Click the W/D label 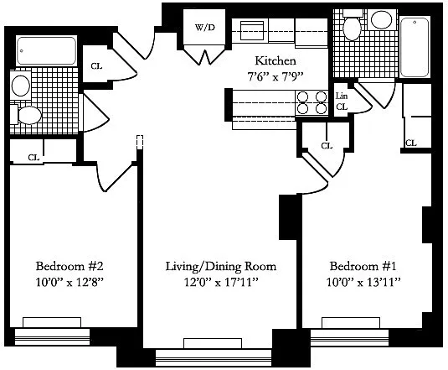[204, 28]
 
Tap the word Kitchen [275, 60]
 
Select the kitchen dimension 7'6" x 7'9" [275, 76]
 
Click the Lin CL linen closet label [342, 101]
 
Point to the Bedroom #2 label [70, 266]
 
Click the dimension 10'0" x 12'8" [70, 283]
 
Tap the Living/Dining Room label [221, 266]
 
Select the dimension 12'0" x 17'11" [221, 283]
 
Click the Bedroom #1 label [363, 266]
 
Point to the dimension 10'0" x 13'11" [363, 283]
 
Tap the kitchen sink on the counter [252, 30]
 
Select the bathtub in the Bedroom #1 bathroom [415, 48]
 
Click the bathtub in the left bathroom [47, 50]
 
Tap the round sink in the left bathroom [21, 85]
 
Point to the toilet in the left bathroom [26, 115]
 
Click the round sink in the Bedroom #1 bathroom [382, 19]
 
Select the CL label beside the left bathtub [96, 66]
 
